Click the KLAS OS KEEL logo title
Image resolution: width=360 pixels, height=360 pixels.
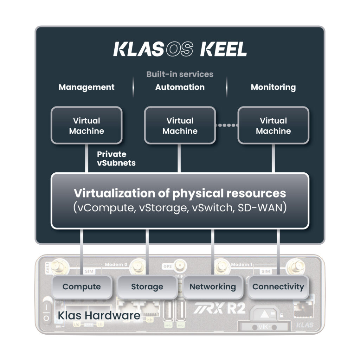[180, 50]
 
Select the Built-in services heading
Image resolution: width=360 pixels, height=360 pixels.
[180, 74]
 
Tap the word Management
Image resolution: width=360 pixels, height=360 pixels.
[86, 87]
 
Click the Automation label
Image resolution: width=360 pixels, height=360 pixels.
[180, 87]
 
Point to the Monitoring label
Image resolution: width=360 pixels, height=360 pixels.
[273, 87]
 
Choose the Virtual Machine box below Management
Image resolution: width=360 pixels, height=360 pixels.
[86, 126]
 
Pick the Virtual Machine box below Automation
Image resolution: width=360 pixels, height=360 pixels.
[180, 126]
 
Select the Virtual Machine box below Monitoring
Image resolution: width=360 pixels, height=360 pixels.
[273, 126]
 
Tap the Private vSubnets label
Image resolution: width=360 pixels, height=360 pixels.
[116, 159]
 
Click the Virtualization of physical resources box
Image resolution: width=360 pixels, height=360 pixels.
[180, 200]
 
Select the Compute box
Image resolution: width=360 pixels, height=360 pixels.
[82, 287]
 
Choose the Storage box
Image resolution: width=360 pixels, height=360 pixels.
[147, 287]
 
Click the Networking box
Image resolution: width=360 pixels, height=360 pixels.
[212, 287]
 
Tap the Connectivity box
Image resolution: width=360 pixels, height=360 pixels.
[278, 287]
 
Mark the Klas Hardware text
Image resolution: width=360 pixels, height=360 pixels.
[99, 315]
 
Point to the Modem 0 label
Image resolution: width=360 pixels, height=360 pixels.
[116, 264]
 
